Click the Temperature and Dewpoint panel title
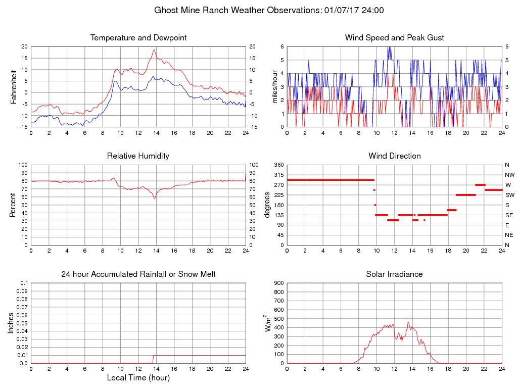click(x=138, y=38)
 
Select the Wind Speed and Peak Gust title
click(x=394, y=38)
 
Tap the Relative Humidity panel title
click(x=138, y=156)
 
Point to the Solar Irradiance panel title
click(x=394, y=274)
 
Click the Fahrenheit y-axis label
click(x=14, y=86)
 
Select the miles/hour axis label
click(x=275, y=86)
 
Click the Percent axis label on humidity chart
click(x=14, y=205)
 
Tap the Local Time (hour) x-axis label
click(x=138, y=377)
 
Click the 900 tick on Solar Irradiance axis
click(x=278, y=283)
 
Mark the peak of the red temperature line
click(x=154, y=50)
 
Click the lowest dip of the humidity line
click(x=155, y=198)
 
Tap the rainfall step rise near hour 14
click(x=153, y=359)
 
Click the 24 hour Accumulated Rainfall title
click(x=138, y=274)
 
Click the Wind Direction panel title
click(x=394, y=156)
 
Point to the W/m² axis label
click(x=266, y=323)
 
